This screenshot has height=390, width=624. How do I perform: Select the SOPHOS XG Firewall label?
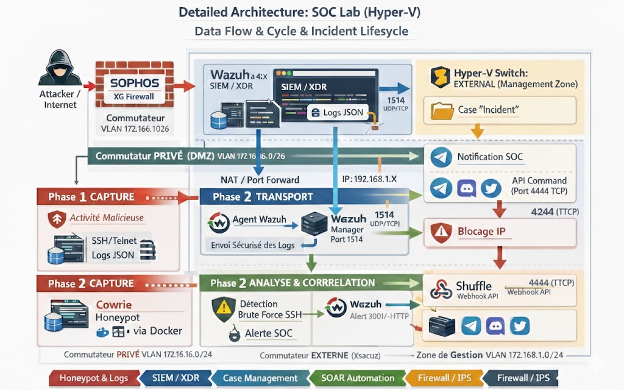tap(134, 88)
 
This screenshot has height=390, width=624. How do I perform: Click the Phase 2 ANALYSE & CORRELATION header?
tap(292, 283)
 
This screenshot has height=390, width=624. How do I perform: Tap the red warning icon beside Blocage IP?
tap(439, 232)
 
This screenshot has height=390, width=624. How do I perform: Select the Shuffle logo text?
tap(473, 286)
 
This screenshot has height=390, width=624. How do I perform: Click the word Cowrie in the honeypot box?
tap(114, 305)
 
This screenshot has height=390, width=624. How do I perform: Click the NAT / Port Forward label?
tap(260, 180)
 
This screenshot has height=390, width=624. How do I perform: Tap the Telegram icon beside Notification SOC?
tap(441, 157)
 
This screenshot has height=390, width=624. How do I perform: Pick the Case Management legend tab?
tap(260, 378)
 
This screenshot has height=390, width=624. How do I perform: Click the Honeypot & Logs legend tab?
tap(93, 378)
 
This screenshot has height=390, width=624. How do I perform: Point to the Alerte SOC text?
tap(268, 333)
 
